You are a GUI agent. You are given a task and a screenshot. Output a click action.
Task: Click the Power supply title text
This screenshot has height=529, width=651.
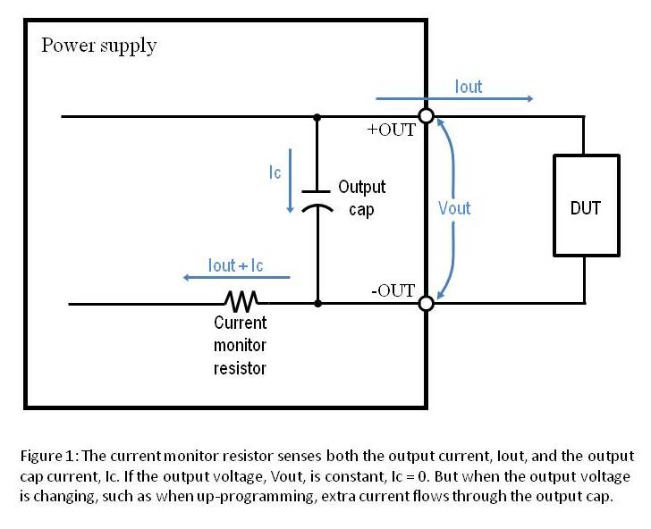(x=98, y=46)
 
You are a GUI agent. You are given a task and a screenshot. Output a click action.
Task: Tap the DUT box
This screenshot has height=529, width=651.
(x=585, y=207)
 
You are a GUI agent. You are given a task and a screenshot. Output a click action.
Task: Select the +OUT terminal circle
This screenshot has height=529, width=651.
(x=427, y=116)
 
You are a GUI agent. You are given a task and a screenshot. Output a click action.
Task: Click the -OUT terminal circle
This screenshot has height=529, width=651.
(x=427, y=304)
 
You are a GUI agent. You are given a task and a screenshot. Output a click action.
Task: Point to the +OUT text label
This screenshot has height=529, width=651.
(x=392, y=130)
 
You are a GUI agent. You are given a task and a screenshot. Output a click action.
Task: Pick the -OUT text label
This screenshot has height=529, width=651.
(x=393, y=290)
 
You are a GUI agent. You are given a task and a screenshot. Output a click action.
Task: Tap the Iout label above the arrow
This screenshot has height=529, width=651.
(x=469, y=87)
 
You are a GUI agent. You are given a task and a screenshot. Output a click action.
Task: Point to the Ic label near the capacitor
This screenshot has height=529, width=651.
(x=275, y=172)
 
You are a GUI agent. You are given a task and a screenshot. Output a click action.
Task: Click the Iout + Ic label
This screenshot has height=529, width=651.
(x=235, y=265)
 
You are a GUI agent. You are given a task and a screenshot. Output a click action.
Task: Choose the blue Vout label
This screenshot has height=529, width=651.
(x=454, y=208)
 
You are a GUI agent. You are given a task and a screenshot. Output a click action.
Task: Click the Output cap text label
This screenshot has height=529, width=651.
(x=361, y=197)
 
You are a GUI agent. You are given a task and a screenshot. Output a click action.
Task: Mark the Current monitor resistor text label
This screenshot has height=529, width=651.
(x=240, y=345)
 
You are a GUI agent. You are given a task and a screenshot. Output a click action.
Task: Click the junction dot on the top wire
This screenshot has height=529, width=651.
(x=317, y=116)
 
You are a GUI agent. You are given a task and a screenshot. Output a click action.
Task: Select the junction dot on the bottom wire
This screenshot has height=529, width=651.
(x=317, y=304)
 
